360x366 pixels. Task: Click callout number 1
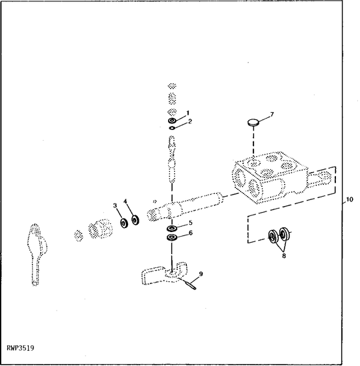pyautogui.click(x=188, y=113)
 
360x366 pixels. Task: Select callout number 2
pyautogui.click(x=190, y=121)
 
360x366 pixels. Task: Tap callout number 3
pyautogui.click(x=115, y=205)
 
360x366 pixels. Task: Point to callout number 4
pyautogui.click(x=125, y=201)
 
